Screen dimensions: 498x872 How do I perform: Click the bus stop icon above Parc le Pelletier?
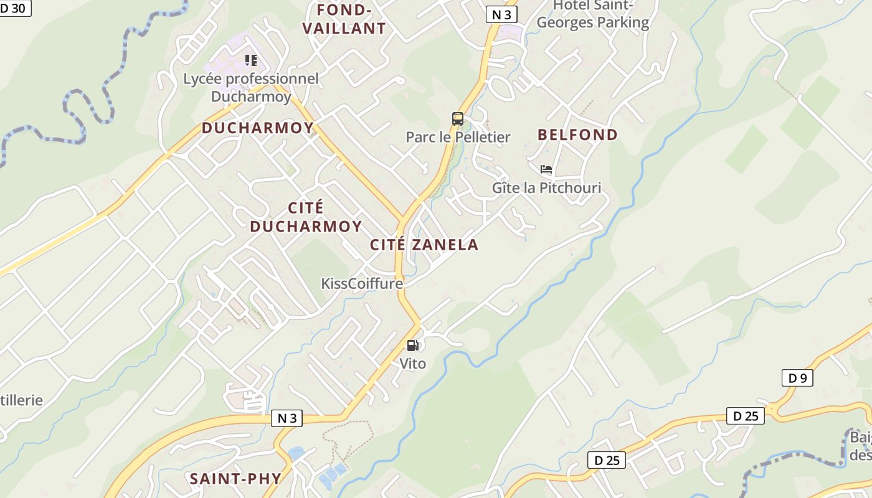(x=458, y=118)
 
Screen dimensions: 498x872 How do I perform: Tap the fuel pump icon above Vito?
(x=412, y=345)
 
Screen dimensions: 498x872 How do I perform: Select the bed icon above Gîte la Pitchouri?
(x=546, y=169)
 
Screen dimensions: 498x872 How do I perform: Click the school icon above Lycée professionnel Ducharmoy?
(x=251, y=60)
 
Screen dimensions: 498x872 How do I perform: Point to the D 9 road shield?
(x=797, y=378)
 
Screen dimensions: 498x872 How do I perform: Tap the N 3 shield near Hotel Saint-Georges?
(x=501, y=15)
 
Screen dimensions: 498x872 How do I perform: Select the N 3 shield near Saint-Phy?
(x=287, y=418)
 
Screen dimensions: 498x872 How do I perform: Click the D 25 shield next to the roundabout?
(x=745, y=416)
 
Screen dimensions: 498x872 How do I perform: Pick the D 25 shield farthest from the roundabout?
(x=607, y=460)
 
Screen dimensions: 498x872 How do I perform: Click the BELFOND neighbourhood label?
(x=577, y=134)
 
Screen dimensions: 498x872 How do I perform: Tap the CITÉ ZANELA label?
(x=424, y=245)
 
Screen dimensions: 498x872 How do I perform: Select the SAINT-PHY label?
(x=235, y=479)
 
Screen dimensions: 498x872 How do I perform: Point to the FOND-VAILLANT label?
(x=344, y=19)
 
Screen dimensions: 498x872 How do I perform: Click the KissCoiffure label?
(x=362, y=284)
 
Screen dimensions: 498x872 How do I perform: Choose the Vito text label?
(x=412, y=363)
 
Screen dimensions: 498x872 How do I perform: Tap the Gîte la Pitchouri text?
(x=546, y=187)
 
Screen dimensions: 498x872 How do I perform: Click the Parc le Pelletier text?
(x=458, y=137)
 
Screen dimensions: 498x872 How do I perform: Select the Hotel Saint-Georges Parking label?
(x=592, y=14)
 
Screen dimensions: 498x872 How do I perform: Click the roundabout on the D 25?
(x=773, y=410)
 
